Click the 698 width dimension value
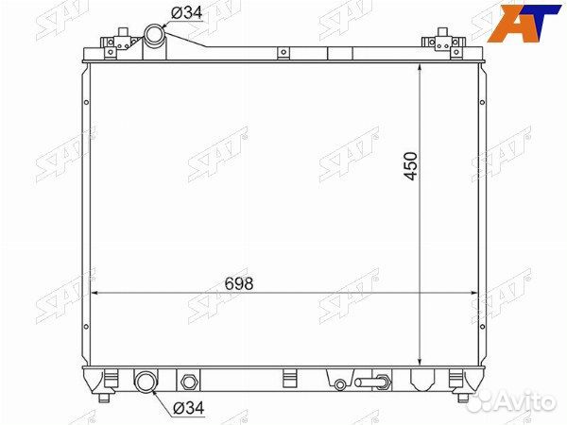click(x=239, y=283)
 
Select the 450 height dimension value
click(x=411, y=166)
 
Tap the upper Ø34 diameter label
click(x=186, y=13)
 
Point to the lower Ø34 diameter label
click(x=189, y=408)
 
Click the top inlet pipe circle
click(x=154, y=34)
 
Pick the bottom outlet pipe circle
click(x=146, y=382)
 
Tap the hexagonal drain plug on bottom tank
click(x=188, y=382)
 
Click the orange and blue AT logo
click(x=523, y=23)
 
